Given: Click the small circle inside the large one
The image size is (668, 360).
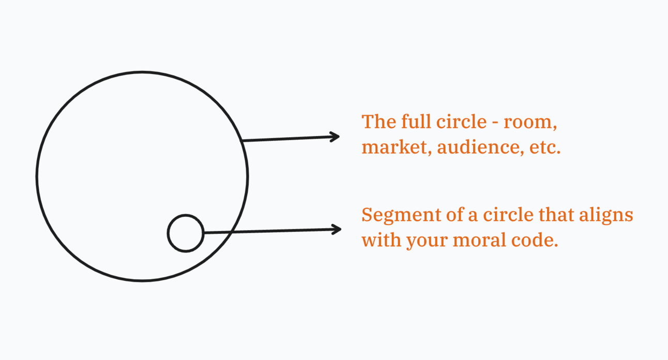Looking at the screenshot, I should point(186,233).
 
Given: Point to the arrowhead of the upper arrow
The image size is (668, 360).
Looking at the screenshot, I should point(336,137).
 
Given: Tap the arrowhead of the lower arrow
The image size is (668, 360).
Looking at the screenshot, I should point(338,229).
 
